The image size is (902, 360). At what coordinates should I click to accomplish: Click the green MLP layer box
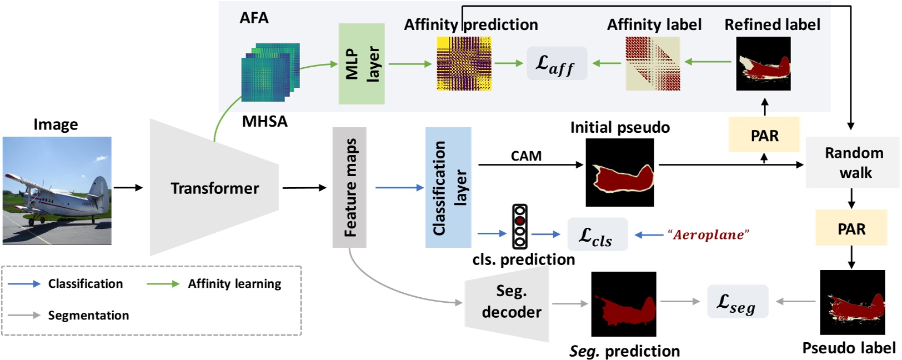coord(362,64)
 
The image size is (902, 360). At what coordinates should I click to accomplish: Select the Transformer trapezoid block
coord(214,188)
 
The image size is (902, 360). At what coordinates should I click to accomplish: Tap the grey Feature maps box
coord(349,187)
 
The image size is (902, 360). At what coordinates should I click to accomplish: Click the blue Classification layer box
coord(448,187)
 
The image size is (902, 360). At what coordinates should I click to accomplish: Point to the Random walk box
coord(853,162)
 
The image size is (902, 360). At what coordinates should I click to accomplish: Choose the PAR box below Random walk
coord(851,228)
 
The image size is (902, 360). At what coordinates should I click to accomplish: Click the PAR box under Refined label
coord(764,135)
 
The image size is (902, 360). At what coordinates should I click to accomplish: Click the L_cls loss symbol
coord(597,235)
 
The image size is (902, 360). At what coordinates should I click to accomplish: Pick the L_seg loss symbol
coord(737,302)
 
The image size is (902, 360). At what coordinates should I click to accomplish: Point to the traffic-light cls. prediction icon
coord(520,227)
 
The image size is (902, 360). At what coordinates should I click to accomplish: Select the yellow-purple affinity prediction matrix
coord(464,64)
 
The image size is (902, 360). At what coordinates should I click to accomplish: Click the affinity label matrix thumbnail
coord(653,64)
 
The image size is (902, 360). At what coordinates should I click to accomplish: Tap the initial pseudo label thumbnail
coord(620,173)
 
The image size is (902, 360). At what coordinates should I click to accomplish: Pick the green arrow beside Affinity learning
coord(163,284)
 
